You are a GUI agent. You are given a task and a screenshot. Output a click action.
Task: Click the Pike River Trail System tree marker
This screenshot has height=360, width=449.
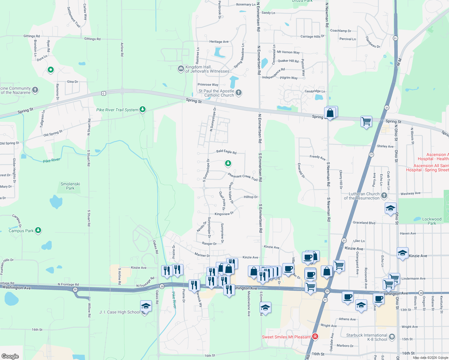pos(143,109)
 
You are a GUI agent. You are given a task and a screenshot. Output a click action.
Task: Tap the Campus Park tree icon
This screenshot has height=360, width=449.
pos(38,230)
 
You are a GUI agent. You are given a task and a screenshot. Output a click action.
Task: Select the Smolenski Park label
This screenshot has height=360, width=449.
pos(70,186)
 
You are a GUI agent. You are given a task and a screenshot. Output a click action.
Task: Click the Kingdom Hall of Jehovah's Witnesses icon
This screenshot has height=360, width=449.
pos(181,69)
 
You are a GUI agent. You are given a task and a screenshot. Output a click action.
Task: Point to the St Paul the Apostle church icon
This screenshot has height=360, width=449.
pos(239,92)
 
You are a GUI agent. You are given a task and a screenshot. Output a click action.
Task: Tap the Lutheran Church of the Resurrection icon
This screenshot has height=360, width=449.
pos(384,196)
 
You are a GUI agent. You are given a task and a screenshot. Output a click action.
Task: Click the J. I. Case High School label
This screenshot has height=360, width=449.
pos(120,312)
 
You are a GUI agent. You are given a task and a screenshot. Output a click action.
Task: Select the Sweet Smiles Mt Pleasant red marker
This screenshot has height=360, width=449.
pos(315,336)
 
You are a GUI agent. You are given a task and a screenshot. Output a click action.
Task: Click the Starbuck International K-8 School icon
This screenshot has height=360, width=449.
pos(392,337)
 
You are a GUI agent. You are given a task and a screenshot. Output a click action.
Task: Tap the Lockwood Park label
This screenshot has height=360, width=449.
pos(432,221)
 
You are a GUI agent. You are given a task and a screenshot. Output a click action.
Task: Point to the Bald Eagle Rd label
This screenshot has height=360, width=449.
pos(226,152)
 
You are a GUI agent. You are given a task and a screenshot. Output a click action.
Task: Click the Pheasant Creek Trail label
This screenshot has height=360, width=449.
pos(243,177)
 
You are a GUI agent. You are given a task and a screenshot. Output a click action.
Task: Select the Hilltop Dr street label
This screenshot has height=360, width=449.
pos(251,197)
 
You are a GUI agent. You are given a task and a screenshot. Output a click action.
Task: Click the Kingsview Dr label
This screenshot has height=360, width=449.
pos(224,214)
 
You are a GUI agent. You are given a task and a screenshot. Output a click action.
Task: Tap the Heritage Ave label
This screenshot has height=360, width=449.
pos(219,42)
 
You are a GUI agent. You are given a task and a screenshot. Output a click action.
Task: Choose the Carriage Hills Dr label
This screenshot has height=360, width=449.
pos(312,36)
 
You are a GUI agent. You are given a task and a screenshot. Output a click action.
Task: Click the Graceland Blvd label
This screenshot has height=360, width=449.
pos(364,223)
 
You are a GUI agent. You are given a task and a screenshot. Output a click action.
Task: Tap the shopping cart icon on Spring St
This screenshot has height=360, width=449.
pos(366,122)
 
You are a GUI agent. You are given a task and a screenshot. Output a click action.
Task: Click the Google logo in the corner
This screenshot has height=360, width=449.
pos(10,356)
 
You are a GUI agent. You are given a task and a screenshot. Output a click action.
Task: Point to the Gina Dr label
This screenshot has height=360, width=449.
pos(72,82)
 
